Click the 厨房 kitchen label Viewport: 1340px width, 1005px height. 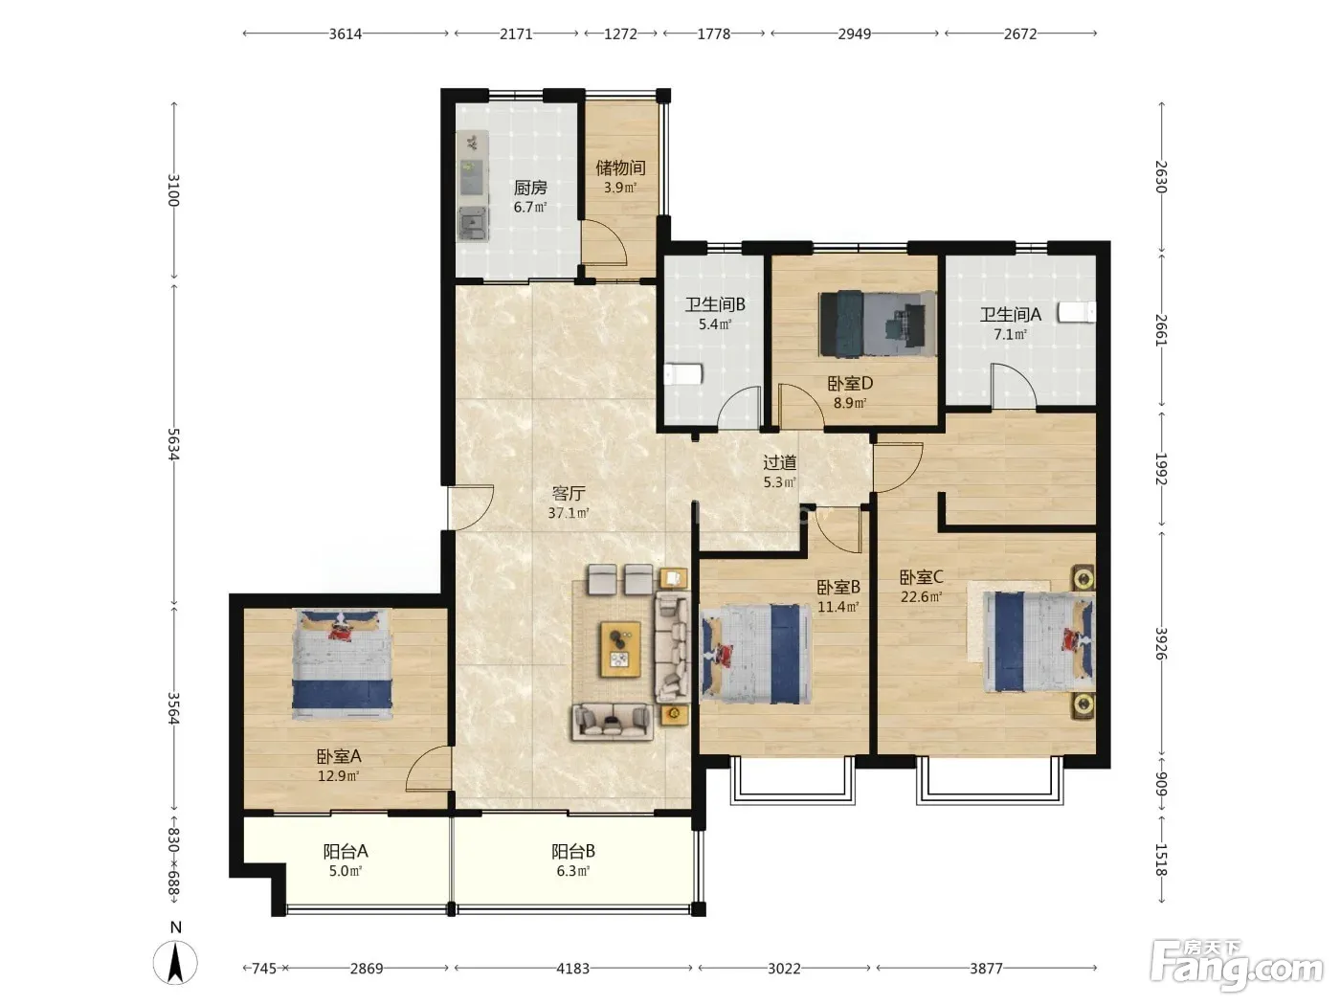(x=530, y=188)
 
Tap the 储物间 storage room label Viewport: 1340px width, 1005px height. (x=620, y=167)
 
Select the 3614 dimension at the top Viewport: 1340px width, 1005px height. (x=346, y=34)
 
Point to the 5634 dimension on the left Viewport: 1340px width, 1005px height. (x=174, y=443)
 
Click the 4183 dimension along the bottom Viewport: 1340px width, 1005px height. (x=572, y=968)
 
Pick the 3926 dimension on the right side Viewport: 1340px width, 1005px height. (x=1161, y=644)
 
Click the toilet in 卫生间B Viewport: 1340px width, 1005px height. (x=683, y=374)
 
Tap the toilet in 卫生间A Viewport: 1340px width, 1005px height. (x=1077, y=312)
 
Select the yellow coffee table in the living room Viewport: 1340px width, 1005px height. (x=620, y=649)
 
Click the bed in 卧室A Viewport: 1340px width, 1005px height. (x=342, y=664)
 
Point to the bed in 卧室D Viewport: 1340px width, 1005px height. (x=878, y=324)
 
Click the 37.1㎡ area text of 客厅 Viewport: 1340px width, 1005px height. (x=568, y=513)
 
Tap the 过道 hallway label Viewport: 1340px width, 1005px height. (x=779, y=462)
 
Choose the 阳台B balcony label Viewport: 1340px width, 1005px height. (x=572, y=851)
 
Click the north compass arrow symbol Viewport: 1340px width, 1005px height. (x=175, y=963)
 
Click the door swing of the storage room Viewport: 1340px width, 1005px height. (x=603, y=242)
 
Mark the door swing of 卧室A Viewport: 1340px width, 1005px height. (x=429, y=768)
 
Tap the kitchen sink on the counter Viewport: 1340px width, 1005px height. (x=473, y=223)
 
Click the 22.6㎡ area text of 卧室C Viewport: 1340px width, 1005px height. (x=921, y=596)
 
